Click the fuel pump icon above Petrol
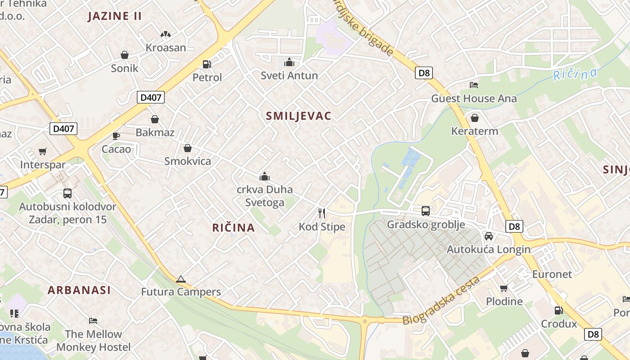pyautogui.click(x=207, y=64)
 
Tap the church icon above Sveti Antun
pyautogui.click(x=289, y=62)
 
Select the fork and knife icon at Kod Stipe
pyautogui.click(x=322, y=213)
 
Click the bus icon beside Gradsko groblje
pyautogui.click(x=425, y=211)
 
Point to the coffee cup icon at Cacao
pyautogui.click(x=116, y=135)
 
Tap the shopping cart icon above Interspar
pyautogui.click(x=43, y=151)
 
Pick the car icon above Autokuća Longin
pyautogui.click(x=489, y=236)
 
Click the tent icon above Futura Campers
pyautogui.click(x=181, y=279)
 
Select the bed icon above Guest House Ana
pyautogui.click(x=474, y=85)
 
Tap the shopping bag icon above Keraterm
pyautogui.click(x=474, y=118)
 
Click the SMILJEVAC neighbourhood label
pyautogui.click(x=298, y=116)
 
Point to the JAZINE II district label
pyautogui.click(x=115, y=16)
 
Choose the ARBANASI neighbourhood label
pyautogui.click(x=79, y=290)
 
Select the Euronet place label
pyautogui.click(x=552, y=274)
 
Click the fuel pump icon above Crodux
pyautogui.click(x=558, y=310)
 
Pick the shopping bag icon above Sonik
pyautogui.click(x=125, y=55)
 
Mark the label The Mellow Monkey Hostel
pyautogui.click(x=93, y=341)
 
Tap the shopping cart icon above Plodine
pyautogui.click(x=504, y=288)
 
